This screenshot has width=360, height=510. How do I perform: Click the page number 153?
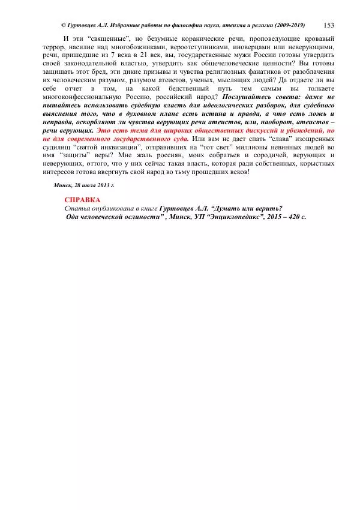[329, 25]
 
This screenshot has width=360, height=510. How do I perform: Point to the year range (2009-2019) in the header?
[287, 25]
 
